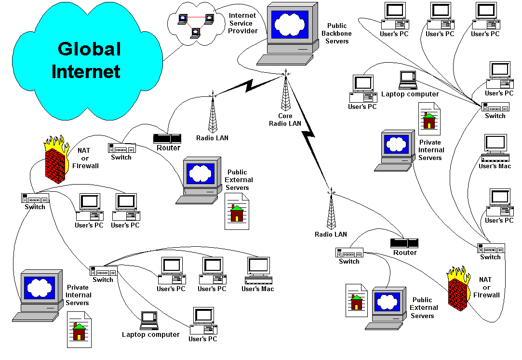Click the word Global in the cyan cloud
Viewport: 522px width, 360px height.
(89, 49)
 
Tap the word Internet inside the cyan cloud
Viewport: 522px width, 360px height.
(86, 71)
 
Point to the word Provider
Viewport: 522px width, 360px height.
(243, 31)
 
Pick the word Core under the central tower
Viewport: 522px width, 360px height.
(285, 116)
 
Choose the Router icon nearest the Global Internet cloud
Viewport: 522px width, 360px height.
(167, 138)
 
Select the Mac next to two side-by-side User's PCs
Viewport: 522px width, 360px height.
(258, 270)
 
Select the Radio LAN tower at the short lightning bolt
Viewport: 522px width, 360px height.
(213, 113)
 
